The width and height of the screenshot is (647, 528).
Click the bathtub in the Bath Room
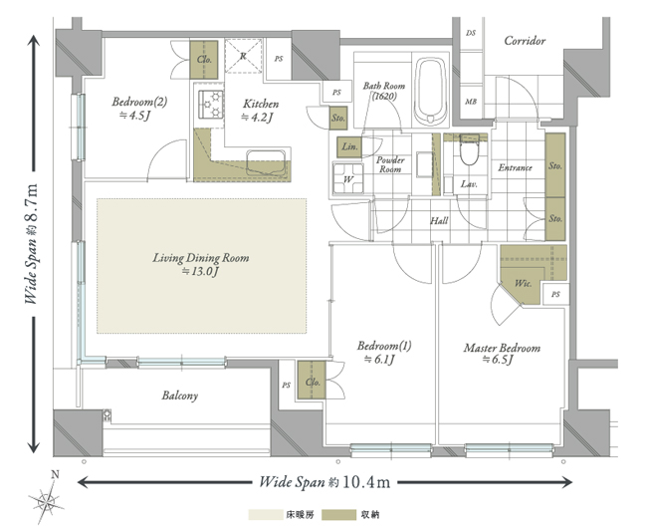431,92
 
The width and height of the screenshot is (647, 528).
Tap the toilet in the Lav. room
469,149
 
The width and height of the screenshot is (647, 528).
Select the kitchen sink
266,163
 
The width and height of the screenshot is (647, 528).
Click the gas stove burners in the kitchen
211,104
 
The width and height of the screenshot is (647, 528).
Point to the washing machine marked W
348,178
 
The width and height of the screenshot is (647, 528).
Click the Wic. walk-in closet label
523,283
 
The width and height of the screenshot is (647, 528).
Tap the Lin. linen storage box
349,147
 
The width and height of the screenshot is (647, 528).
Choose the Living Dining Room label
201,258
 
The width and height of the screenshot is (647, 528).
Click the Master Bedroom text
502,348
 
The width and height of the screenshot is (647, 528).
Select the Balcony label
180,396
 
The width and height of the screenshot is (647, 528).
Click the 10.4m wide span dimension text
324,482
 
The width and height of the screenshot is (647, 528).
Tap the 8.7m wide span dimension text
32,243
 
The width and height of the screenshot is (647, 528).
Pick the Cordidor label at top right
525,41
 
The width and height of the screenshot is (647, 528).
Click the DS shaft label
471,33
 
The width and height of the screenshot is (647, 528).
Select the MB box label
471,102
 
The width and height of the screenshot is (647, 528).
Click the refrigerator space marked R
244,56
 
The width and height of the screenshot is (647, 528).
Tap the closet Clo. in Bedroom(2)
204,60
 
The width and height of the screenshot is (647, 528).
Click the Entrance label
515,167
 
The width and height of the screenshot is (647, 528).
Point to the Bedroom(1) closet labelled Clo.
312,381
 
